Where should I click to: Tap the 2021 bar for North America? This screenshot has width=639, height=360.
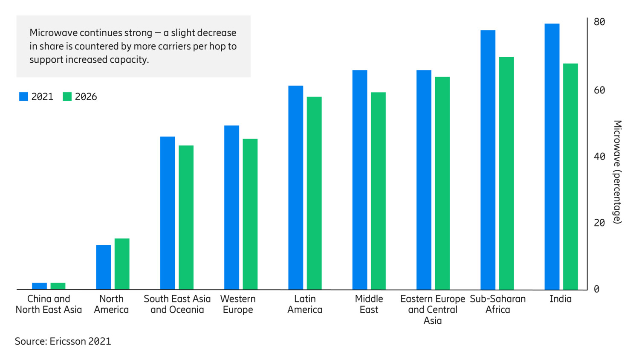[104, 267]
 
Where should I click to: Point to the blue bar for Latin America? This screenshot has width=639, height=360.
[295, 188]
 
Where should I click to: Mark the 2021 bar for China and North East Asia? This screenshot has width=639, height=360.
[40, 286]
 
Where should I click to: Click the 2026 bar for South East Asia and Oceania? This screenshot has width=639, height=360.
[186, 218]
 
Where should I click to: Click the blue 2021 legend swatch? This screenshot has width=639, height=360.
[24, 97]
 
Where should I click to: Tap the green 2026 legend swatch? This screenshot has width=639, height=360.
[67, 97]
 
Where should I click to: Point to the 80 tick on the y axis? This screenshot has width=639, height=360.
[599, 22]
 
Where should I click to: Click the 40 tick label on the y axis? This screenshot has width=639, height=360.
[599, 157]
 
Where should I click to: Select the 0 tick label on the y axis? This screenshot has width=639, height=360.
[596, 289]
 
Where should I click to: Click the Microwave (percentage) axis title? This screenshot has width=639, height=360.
[617, 172]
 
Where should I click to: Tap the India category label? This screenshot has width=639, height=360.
[560, 299]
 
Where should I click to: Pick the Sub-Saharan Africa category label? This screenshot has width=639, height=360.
[497, 304]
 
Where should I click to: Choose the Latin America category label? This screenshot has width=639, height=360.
[305, 304]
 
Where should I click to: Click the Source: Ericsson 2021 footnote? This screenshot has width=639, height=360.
[63, 341]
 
